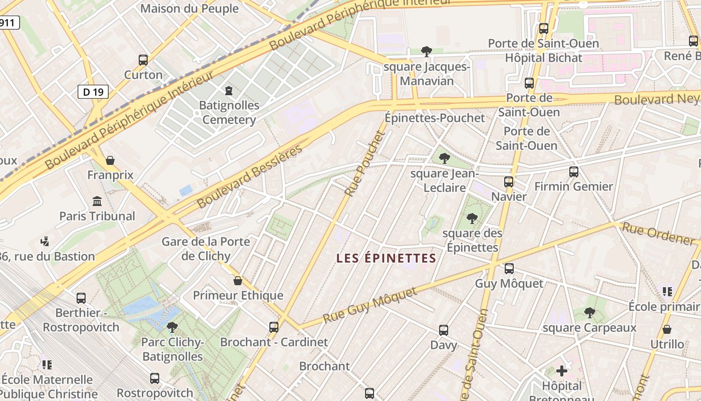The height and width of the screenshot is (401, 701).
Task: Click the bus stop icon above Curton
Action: pyautogui.click(x=143, y=60)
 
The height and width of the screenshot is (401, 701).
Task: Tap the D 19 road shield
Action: pyautogui.click(x=93, y=92)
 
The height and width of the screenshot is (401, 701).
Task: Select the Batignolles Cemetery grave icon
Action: pyautogui.click(x=229, y=91)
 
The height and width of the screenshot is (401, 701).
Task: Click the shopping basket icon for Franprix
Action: pyautogui.click(x=110, y=160)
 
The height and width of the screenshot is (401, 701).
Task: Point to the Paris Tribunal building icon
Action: pyautogui.click(x=97, y=202)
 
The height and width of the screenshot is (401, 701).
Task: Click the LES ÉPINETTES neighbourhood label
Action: pyautogui.click(x=386, y=258)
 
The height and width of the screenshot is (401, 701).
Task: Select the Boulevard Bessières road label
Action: pyautogui.click(x=250, y=176)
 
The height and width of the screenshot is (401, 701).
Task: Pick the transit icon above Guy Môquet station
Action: pyautogui.click(x=509, y=269)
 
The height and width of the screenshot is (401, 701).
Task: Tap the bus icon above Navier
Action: pyautogui.click(x=509, y=181)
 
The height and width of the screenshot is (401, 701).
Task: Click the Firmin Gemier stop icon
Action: pyautogui.click(x=574, y=172)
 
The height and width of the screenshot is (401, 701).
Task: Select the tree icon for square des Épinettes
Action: pyautogui.click(x=472, y=219)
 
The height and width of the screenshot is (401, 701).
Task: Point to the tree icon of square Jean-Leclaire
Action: pyautogui.click(x=444, y=159)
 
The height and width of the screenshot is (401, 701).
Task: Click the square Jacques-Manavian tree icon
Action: pyautogui.click(x=427, y=51)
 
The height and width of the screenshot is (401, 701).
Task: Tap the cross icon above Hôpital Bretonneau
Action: pyautogui.click(x=562, y=371)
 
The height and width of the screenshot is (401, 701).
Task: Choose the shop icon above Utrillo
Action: pyautogui.click(x=666, y=329)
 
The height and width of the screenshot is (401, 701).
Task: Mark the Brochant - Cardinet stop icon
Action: pyautogui.click(x=274, y=327)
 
